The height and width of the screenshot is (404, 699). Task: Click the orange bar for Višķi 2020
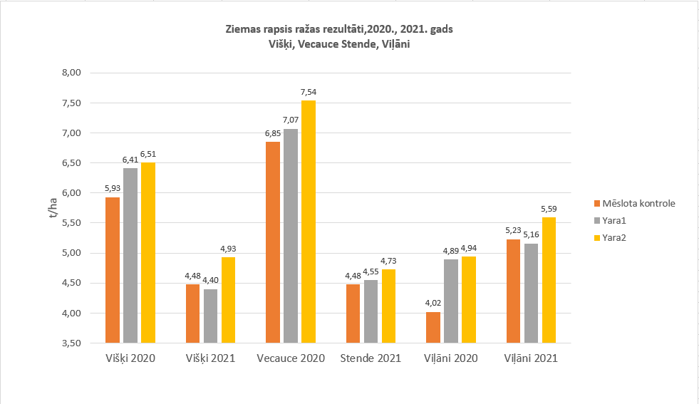[x=113, y=270]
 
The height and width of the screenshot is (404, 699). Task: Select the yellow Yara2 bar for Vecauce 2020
[x=309, y=222]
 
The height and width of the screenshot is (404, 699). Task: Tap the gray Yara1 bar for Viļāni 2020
[x=451, y=301]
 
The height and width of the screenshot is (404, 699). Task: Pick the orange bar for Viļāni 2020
[x=433, y=327]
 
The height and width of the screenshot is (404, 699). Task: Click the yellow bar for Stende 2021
[x=388, y=306]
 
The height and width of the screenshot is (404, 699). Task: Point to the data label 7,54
[x=309, y=92]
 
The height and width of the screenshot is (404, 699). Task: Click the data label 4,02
[x=433, y=304]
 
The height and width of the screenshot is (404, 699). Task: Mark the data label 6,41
[x=130, y=160]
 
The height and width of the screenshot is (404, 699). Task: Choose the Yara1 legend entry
[x=616, y=220]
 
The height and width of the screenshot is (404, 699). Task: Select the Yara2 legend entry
[x=616, y=237]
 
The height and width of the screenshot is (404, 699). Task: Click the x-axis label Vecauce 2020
[x=291, y=358]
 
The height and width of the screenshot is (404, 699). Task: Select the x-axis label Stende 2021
[x=371, y=358]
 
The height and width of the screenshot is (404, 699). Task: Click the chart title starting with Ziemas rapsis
[x=338, y=31]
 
